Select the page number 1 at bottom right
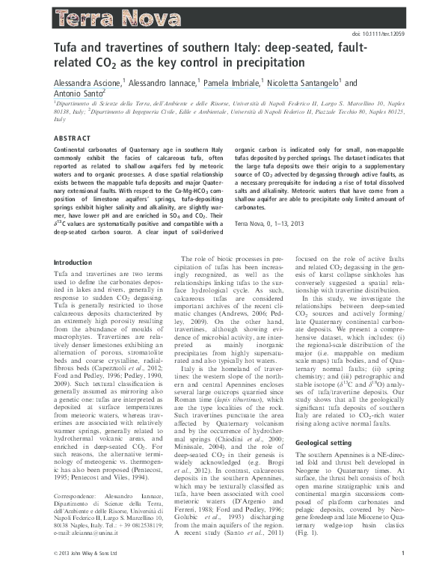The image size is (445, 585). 402,574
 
